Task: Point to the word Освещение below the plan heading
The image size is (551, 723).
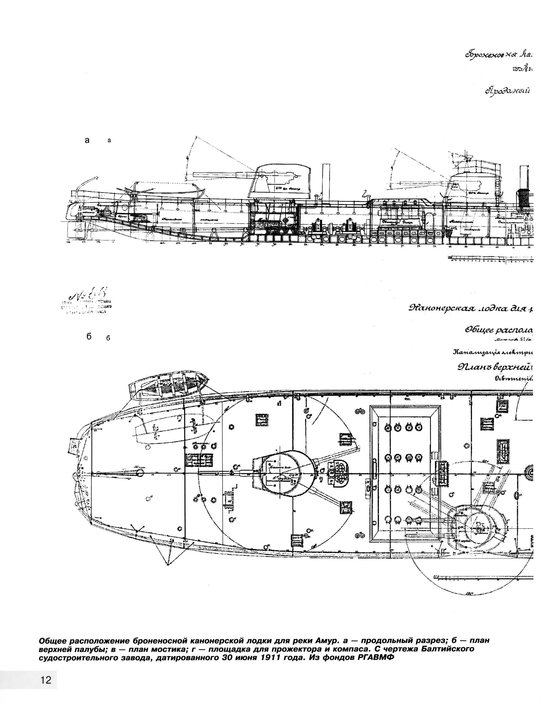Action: click(513, 379)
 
